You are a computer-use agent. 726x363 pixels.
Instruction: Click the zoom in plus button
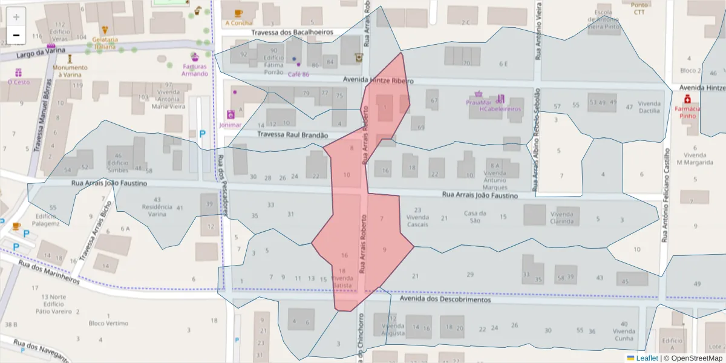click(x=16, y=17)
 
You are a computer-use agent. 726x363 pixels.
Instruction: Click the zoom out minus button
click(x=16, y=35)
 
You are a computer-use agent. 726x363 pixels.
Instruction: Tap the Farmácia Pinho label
click(x=687, y=113)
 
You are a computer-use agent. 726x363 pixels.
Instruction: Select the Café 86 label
click(x=298, y=74)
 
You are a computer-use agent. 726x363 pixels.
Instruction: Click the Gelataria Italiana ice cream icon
click(x=105, y=30)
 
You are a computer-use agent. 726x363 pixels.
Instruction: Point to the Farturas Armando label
click(x=195, y=70)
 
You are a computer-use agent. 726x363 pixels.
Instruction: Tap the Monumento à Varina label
click(x=70, y=71)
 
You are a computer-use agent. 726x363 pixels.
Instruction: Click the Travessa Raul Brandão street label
click(x=292, y=136)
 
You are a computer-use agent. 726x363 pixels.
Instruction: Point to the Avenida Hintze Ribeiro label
click(x=378, y=79)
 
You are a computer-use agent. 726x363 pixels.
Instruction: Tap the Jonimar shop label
click(x=230, y=125)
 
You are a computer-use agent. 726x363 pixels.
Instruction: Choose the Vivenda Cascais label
click(x=417, y=221)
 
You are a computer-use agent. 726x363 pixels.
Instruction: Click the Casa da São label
click(x=475, y=217)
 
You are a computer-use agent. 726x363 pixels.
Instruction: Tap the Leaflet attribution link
click(x=646, y=358)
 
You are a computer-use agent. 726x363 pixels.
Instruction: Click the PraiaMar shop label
click(x=478, y=103)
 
